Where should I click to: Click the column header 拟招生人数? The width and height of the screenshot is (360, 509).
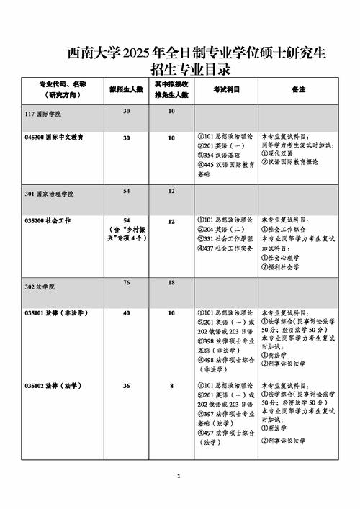pos(127,89)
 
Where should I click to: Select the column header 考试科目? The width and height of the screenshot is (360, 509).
pos(226,89)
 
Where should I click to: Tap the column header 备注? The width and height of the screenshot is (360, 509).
pos(299,89)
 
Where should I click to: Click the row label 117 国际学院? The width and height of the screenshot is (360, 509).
pos(43,114)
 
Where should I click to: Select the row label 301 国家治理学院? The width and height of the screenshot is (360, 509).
pos(49,194)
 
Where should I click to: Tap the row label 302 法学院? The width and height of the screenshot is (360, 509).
pos(40,287)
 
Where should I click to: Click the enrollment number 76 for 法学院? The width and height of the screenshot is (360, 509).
pos(127,283)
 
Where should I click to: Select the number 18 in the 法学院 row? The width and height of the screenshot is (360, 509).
pos(171,283)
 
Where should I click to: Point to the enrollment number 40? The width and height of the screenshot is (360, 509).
pos(127,313)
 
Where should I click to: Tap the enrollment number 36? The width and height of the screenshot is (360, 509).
pos(127,386)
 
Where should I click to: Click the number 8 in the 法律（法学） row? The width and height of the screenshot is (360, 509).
pos(171,386)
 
